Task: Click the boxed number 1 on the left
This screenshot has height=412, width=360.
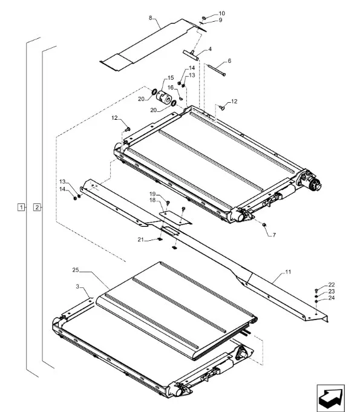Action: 21,208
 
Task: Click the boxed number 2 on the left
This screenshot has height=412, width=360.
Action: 37,208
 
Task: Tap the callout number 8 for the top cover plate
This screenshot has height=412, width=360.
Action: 150,18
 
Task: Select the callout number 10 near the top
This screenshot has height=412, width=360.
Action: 222,13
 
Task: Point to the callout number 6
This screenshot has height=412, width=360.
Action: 229,61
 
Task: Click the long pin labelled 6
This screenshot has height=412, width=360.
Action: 216,70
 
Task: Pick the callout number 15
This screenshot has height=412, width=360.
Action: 171,78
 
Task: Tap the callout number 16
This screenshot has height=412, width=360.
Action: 171,88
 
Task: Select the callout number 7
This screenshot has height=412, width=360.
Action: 274,235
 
